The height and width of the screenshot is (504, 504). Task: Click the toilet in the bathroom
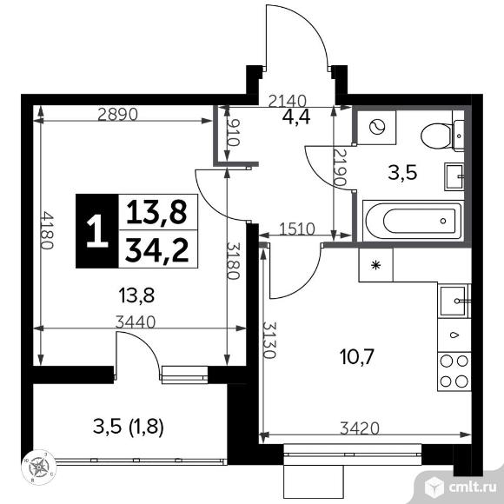click(442, 136)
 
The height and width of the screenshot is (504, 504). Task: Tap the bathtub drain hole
click(443, 221)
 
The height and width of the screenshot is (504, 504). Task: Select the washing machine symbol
click(377, 127)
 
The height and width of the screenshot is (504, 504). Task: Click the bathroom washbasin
click(454, 176)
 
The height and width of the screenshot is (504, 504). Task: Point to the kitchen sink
click(454, 301)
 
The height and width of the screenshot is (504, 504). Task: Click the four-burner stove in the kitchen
click(454, 372)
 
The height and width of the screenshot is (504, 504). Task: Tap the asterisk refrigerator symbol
click(375, 265)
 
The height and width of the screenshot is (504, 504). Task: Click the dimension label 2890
click(117, 115)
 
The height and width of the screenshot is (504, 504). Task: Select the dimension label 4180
click(47, 230)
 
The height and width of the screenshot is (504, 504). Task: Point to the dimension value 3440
click(136, 322)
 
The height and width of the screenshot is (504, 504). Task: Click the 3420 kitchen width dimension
click(360, 428)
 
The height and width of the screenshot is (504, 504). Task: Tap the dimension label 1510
click(297, 229)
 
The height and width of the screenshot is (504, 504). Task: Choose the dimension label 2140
click(288, 102)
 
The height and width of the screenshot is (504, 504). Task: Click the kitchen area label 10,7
click(357, 357)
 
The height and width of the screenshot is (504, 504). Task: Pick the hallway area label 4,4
click(296, 117)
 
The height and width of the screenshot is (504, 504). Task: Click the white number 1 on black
click(96, 231)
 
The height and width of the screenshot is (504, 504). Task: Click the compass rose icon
click(39, 466)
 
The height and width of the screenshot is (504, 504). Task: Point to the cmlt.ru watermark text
click(472, 487)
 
